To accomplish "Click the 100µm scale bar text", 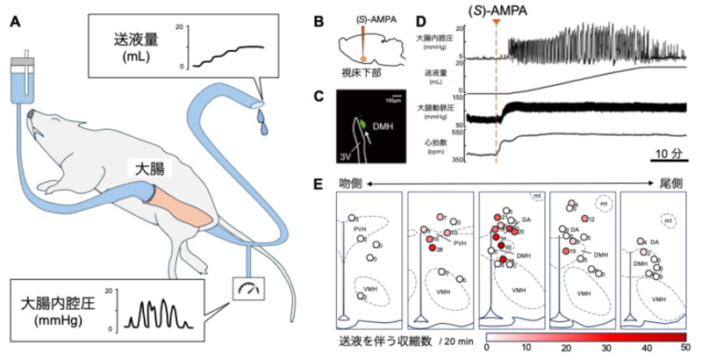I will pyautogui.click(x=398, y=90).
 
